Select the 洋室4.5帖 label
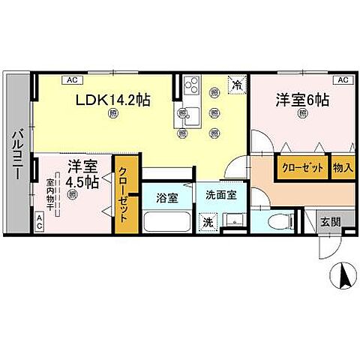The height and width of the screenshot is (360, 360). pyautogui.click(x=81, y=174)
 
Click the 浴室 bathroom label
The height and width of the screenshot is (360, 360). pyautogui.click(x=166, y=199)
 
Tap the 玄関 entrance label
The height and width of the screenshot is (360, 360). pyautogui.click(x=330, y=222)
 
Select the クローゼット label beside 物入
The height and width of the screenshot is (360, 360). pyautogui.click(x=303, y=167)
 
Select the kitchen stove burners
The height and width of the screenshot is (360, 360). pyautogui.click(x=190, y=85)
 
